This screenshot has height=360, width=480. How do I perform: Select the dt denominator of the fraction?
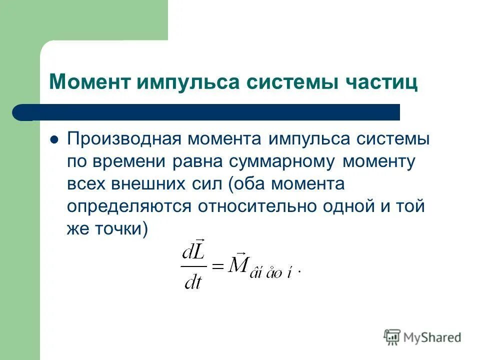click(193, 282)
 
